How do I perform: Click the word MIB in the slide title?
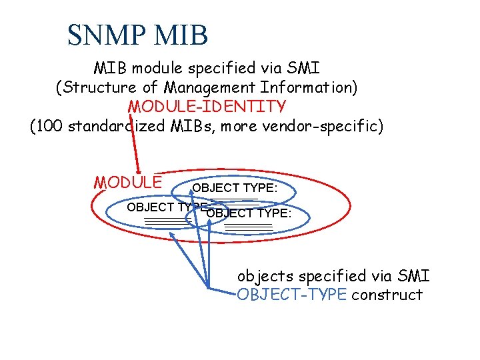coord(181,35)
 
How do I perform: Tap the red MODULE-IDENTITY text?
coord(207,107)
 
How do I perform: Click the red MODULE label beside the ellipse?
coord(128,182)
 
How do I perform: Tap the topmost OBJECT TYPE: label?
coord(235,188)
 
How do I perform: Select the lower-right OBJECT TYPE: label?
coord(249,213)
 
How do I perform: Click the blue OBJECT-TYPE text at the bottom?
coord(291,295)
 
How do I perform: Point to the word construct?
coord(387,295)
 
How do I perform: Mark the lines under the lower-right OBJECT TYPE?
coord(249,228)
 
